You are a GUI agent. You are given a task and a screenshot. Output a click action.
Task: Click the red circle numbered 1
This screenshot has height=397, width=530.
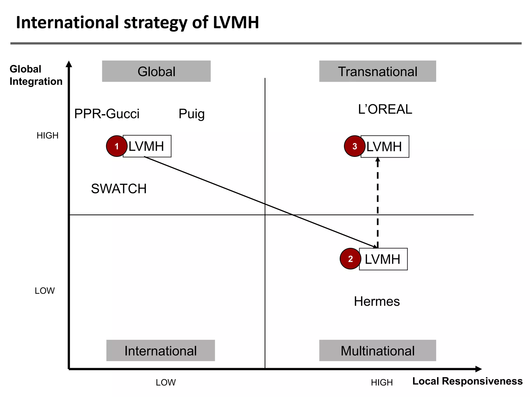[x=117, y=146]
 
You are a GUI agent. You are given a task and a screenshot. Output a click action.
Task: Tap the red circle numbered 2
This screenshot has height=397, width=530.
[x=350, y=259]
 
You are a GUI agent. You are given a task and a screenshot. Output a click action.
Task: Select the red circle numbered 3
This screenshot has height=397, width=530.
[x=355, y=146]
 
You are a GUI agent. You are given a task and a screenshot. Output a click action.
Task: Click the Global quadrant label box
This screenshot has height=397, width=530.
[x=156, y=71]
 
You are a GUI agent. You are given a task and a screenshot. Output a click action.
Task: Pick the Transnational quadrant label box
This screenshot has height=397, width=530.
[x=377, y=71]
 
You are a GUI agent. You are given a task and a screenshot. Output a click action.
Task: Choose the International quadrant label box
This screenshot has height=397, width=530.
[x=160, y=350]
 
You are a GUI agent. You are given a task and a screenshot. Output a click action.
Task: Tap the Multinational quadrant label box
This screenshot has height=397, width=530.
[x=377, y=350]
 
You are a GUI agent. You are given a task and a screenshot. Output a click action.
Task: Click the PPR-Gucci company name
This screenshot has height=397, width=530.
[x=107, y=114]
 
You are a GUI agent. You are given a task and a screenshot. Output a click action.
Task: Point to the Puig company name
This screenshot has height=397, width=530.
[x=192, y=114]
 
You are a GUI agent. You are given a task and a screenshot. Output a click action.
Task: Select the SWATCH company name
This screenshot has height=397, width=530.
[x=119, y=189]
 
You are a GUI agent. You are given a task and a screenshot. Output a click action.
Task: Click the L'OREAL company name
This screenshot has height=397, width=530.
[x=385, y=109]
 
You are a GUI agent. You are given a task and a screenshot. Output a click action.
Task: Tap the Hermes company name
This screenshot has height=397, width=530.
[x=377, y=301]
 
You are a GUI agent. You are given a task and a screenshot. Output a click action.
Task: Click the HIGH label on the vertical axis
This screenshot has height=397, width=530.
[x=48, y=135]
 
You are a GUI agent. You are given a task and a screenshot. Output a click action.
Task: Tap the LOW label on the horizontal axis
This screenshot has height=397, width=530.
[x=166, y=383]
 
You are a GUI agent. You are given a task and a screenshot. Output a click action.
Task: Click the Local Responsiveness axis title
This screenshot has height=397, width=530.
[x=467, y=381]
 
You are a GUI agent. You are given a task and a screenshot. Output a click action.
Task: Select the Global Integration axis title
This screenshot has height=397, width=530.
[x=36, y=75]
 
